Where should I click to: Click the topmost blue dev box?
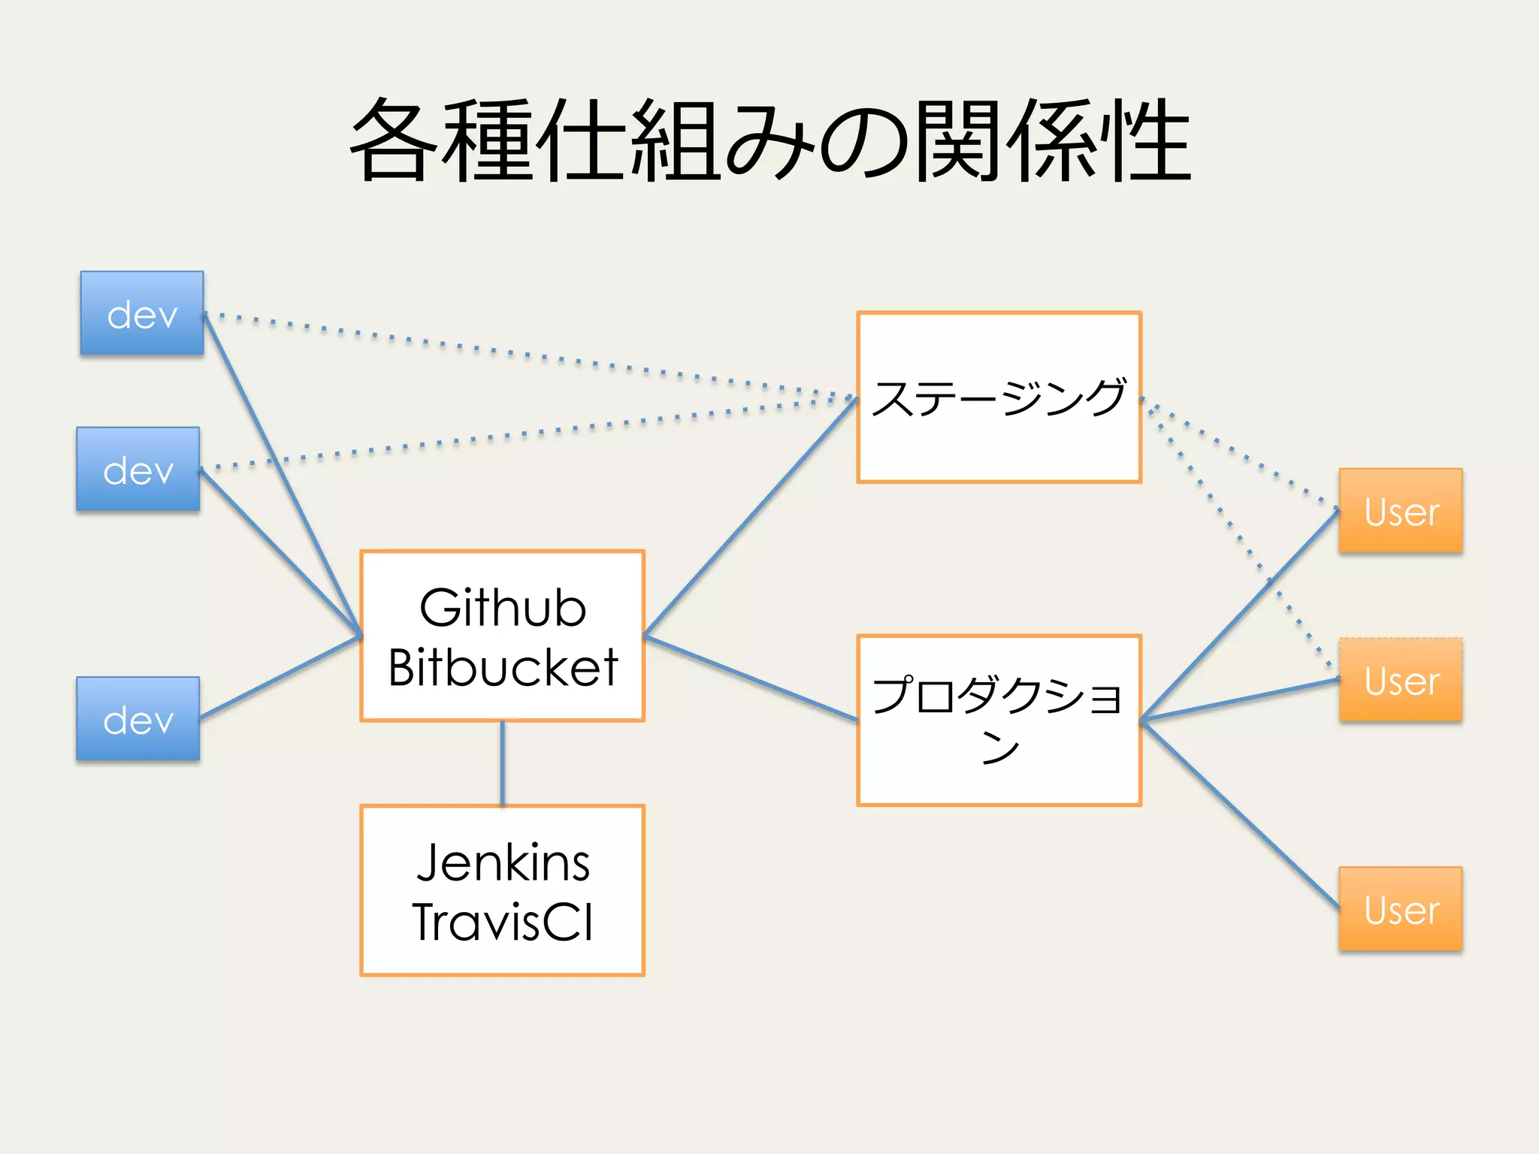click(x=142, y=313)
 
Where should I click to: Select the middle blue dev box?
click(x=138, y=470)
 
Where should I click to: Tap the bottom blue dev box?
click(x=138, y=719)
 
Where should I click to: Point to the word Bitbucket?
click(x=503, y=667)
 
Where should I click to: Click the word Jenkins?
click(x=503, y=862)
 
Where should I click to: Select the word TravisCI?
click(x=503, y=922)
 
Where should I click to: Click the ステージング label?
click(x=999, y=397)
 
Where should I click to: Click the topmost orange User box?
click(x=1401, y=511)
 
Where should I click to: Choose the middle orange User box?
click(x=1401, y=680)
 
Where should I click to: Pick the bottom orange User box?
click(x=1401, y=909)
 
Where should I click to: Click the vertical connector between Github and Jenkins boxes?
click(x=503, y=763)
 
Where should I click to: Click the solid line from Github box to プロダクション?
click(x=751, y=679)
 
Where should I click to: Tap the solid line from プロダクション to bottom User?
click(x=1240, y=814)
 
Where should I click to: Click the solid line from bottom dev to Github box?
click(x=280, y=678)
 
